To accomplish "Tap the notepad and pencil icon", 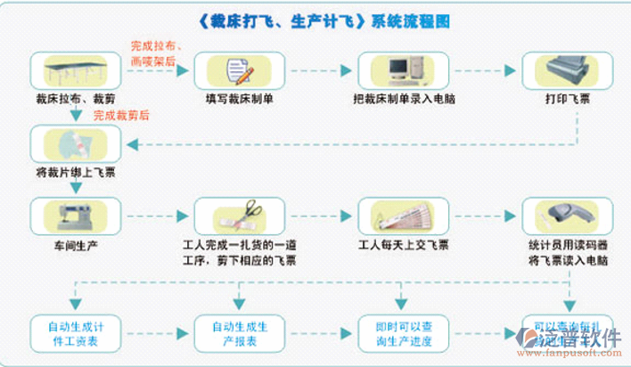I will tap(239, 69).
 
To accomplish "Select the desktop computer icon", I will tap(403, 69).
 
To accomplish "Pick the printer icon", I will tap(567, 69).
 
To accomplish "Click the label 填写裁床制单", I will tap(239, 100).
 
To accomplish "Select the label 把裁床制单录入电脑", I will tap(404, 100).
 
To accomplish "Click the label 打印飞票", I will tap(567, 100).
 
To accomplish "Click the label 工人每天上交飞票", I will tap(404, 245).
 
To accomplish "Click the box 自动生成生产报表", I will tap(239, 332).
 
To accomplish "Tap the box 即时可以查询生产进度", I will tap(403, 332).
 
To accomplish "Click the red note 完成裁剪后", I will tap(121, 115).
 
